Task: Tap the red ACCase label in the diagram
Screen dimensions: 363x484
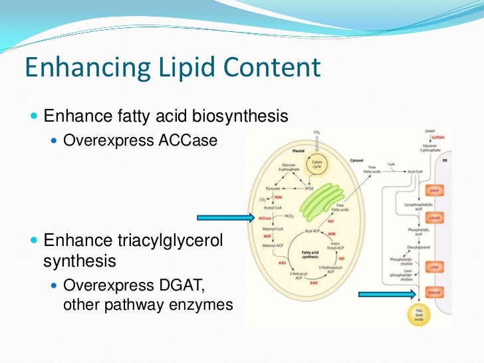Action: (265, 217)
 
